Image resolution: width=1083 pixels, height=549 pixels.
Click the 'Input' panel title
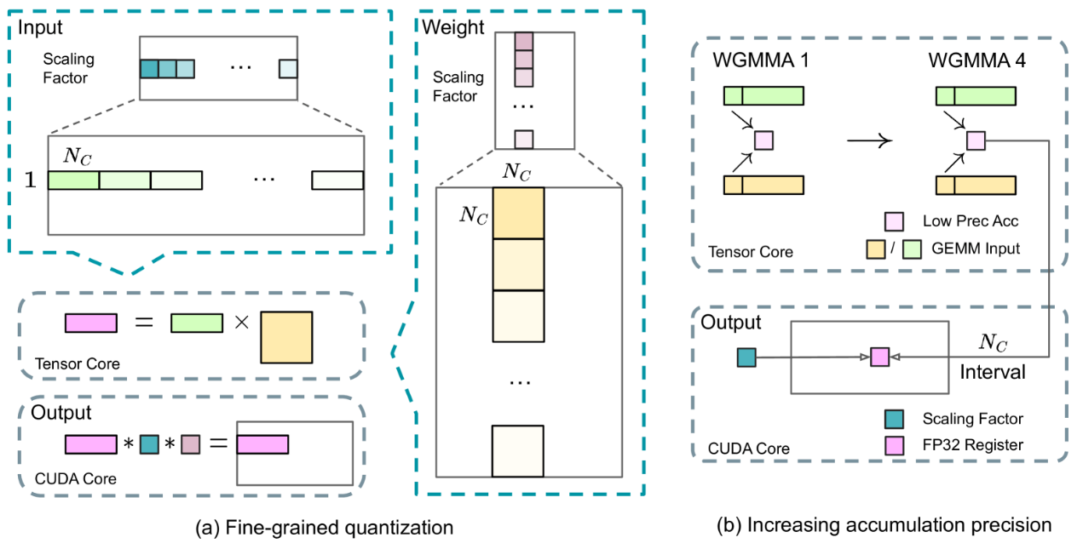(x=40, y=27)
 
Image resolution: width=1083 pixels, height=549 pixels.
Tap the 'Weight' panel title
(x=453, y=27)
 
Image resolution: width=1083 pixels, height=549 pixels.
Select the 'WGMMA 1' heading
(x=761, y=60)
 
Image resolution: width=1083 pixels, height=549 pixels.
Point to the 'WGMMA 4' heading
(x=976, y=60)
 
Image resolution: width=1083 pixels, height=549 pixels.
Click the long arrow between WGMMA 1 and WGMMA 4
(x=869, y=140)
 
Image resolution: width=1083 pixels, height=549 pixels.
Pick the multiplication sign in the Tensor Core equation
(x=241, y=322)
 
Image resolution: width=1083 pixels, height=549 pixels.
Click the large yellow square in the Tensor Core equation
(x=286, y=337)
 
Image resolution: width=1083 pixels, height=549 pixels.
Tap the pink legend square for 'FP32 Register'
(x=895, y=446)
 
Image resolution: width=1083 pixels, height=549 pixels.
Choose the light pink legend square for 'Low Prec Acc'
(x=894, y=221)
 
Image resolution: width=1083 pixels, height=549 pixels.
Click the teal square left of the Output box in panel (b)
(x=746, y=357)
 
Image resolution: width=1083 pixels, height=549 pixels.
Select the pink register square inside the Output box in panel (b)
(x=879, y=357)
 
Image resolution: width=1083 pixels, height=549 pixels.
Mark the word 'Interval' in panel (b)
(x=992, y=372)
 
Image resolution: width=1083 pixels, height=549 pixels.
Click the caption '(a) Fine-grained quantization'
(x=325, y=527)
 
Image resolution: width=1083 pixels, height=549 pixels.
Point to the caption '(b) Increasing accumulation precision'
(x=884, y=525)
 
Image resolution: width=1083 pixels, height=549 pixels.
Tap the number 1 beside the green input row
(x=30, y=180)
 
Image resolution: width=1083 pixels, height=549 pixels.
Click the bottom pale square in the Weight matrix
(x=518, y=451)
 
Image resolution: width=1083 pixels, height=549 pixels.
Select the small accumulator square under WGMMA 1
(x=764, y=140)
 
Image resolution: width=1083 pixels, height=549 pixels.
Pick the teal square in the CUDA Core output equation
(x=149, y=444)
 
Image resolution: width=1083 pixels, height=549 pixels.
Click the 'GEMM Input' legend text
(x=975, y=249)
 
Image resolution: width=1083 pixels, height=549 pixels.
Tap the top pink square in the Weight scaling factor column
(x=524, y=42)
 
